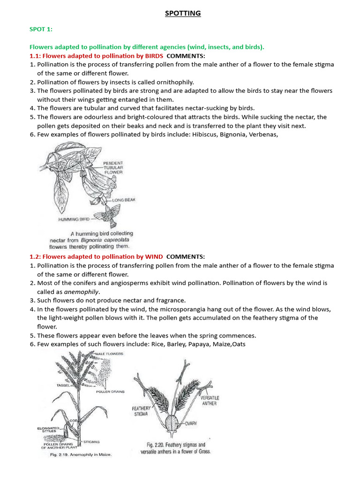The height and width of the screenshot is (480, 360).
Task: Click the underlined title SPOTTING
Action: tap(183, 14)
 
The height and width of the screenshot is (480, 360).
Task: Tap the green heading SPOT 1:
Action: tap(41, 30)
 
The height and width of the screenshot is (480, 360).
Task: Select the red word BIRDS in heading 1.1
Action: tap(153, 56)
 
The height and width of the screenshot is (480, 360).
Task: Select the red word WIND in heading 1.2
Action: tap(154, 256)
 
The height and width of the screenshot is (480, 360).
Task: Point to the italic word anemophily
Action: tap(82, 292)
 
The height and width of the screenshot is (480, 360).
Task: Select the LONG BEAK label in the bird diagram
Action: tap(124, 200)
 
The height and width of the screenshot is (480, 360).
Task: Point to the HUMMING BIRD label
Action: tap(74, 219)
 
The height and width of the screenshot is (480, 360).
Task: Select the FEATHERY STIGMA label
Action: tap(141, 411)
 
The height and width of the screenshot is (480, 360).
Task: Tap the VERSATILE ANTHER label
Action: tap(209, 400)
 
